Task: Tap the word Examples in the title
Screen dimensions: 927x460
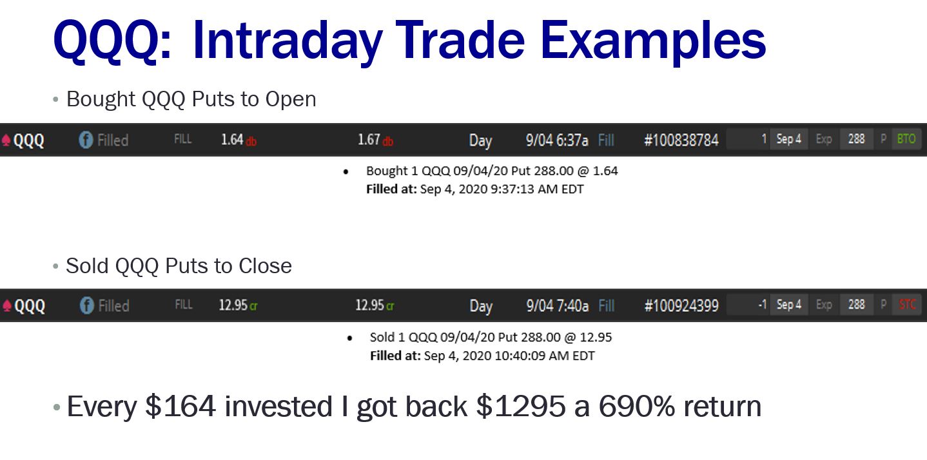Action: [652, 42]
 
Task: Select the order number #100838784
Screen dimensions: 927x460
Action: [681, 140]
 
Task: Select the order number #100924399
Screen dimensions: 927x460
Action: [681, 305]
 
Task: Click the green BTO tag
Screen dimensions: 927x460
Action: [906, 139]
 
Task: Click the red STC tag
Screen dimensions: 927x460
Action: [907, 305]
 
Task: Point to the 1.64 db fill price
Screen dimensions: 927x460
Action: [239, 140]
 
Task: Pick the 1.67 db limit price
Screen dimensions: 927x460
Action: [375, 140]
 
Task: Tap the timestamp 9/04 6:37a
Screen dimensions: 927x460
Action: [556, 140]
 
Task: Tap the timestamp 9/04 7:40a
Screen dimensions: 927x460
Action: [557, 306]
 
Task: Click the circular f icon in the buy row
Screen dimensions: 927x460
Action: [86, 140]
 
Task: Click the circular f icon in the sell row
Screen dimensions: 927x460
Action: [86, 306]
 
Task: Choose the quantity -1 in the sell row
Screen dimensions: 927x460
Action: [762, 305]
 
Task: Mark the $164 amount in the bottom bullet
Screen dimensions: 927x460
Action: [181, 407]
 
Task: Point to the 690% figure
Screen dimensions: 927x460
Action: [637, 407]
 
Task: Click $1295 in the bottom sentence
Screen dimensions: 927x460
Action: [521, 407]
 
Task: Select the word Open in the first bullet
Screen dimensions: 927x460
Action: [291, 99]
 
